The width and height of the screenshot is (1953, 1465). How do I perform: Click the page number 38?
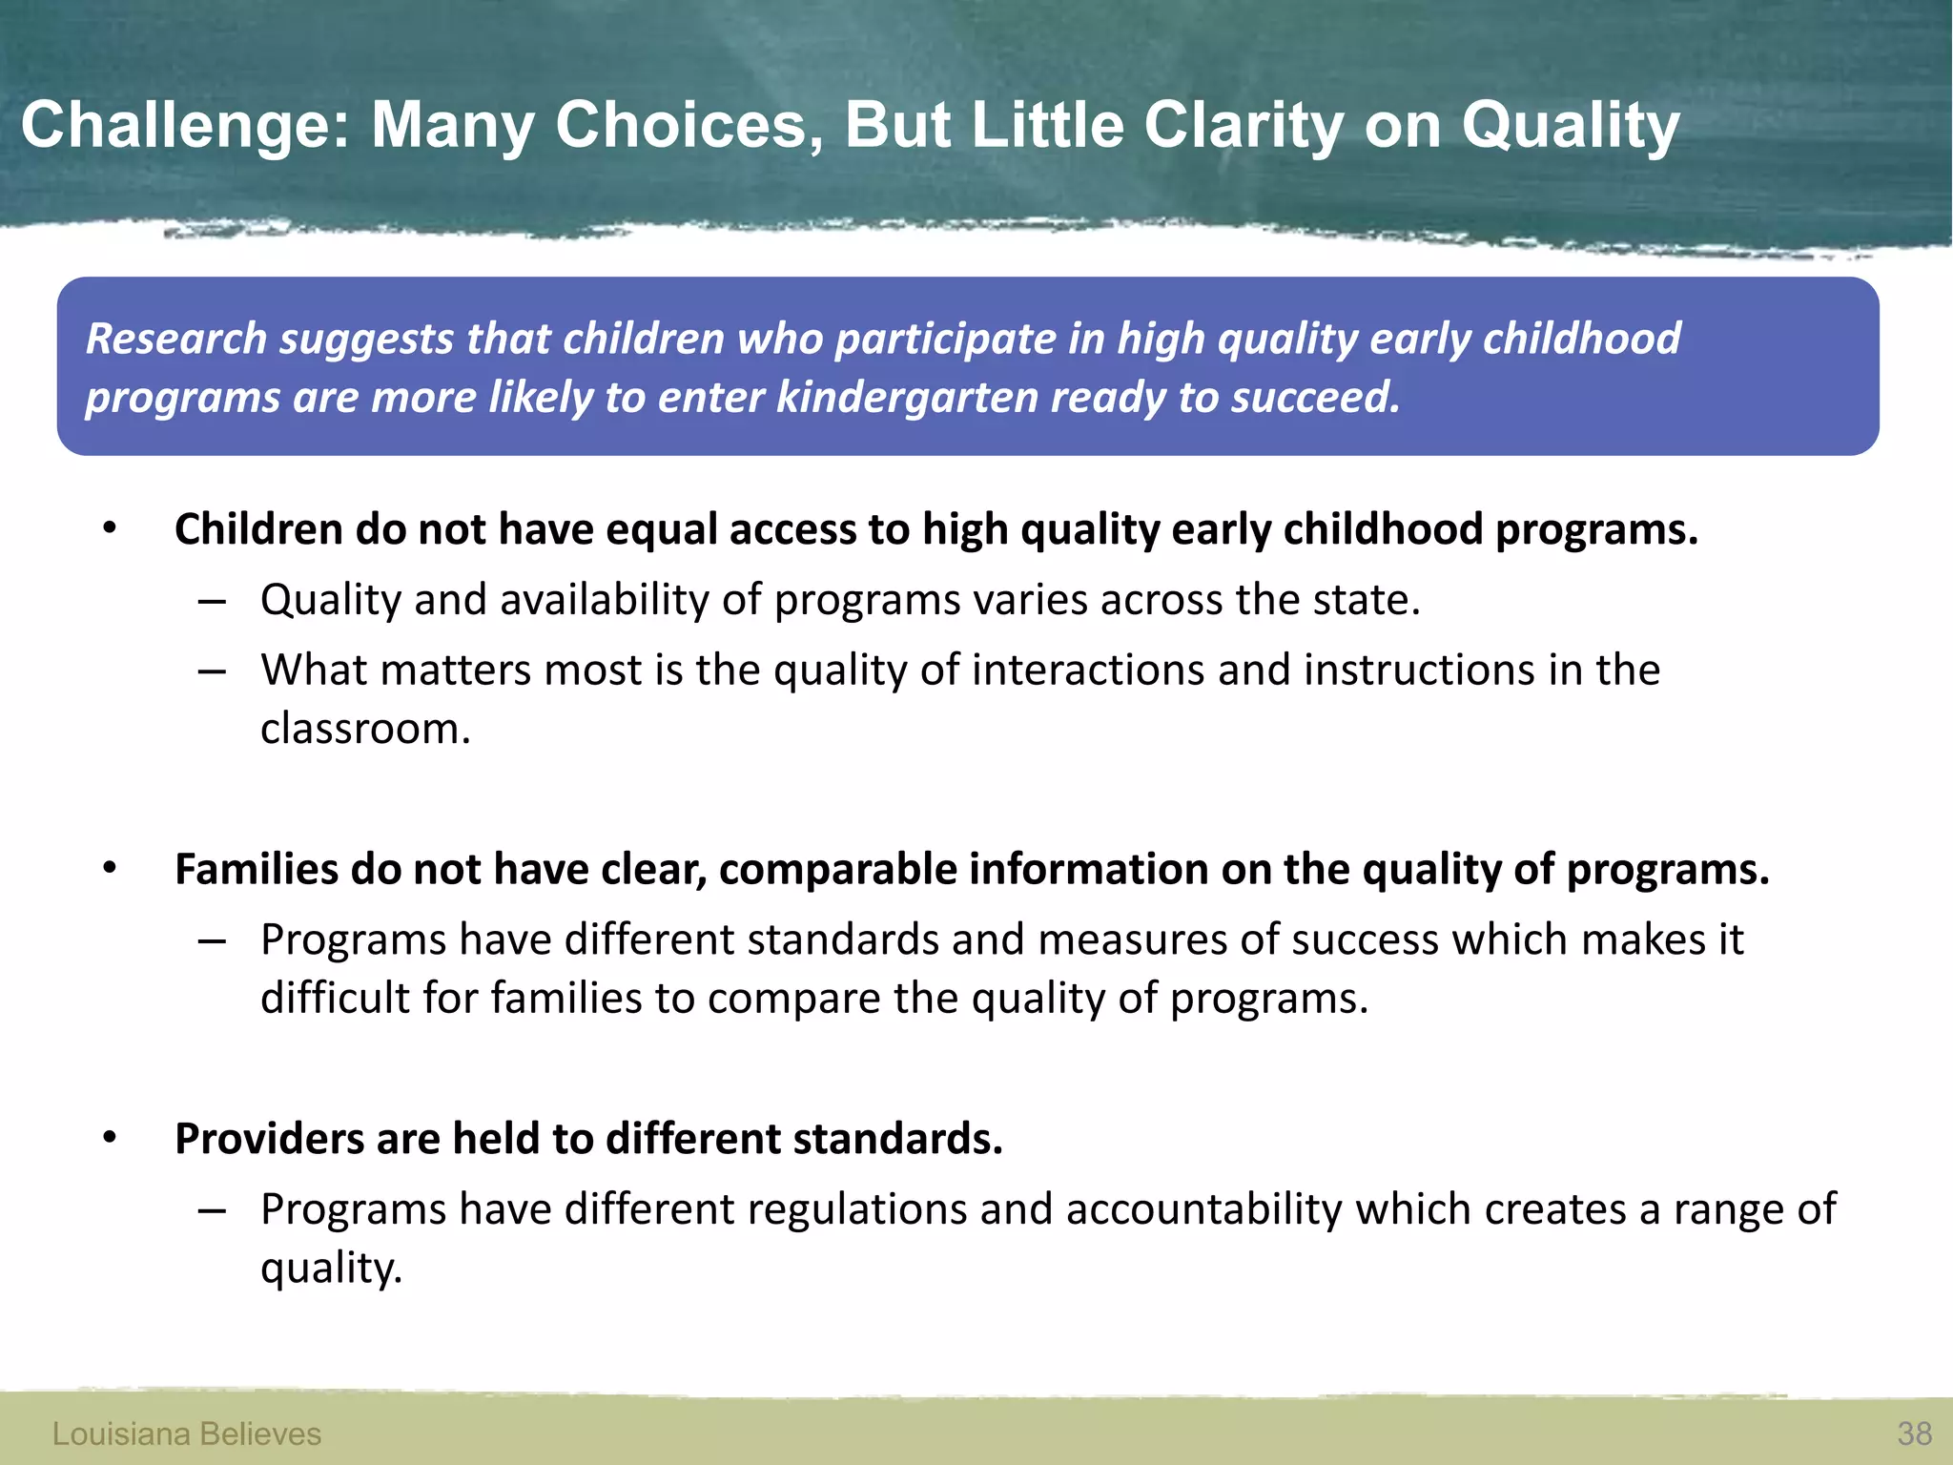pos(1914,1434)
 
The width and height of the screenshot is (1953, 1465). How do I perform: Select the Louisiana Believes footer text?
pos(187,1434)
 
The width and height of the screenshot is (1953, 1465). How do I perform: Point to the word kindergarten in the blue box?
pos(907,398)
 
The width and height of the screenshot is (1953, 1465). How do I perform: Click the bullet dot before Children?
pos(110,528)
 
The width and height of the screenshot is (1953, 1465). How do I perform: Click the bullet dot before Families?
pos(110,868)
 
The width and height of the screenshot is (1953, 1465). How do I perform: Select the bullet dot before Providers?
pos(110,1138)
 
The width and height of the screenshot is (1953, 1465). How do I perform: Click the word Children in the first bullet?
pos(258,529)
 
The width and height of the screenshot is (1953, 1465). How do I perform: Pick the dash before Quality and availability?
pos(212,602)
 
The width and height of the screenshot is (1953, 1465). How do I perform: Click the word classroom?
pos(365,730)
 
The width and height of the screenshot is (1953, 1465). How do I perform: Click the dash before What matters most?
pos(212,671)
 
